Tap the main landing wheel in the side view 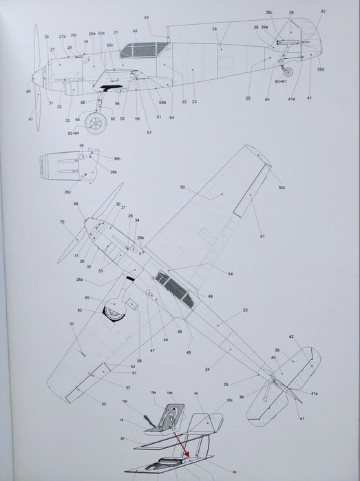(96, 124)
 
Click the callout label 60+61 (282, 82)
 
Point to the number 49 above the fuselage (146, 17)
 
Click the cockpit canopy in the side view (144, 49)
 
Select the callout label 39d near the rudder (321, 70)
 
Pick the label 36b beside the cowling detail (98, 158)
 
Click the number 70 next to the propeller (62, 222)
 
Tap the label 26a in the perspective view (80, 279)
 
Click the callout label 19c (125, 401)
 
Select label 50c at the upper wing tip (282, 188)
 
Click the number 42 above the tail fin (323, 12)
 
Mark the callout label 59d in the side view (162, 102)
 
